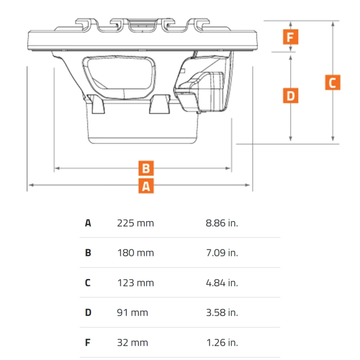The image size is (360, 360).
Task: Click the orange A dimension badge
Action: (146, 186)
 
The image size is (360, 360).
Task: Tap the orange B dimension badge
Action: (146, 168)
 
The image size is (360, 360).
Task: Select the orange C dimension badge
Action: (333, 82)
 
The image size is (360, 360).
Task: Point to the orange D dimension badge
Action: (291, 95)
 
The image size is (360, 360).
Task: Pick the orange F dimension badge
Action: (291, 37)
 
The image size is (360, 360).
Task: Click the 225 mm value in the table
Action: (135, 223)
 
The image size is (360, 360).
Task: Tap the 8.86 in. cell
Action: (222, 223)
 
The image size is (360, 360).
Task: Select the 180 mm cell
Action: (135, 253)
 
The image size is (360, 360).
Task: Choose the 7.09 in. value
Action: (222, 253)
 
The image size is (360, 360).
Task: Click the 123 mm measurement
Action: (135, 283)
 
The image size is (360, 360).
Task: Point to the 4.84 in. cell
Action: (222, 283)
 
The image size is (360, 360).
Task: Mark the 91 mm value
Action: (132, 313)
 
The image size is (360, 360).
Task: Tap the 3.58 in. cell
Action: (222, 313)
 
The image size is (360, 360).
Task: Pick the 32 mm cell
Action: (132, 343)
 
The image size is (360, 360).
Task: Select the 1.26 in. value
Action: (222, 343)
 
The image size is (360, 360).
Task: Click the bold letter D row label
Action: (88, 313)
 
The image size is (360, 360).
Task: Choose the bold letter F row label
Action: (87, 343)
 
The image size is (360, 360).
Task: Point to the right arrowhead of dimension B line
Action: (228, 168)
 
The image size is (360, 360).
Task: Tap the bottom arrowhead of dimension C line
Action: (333, 139)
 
